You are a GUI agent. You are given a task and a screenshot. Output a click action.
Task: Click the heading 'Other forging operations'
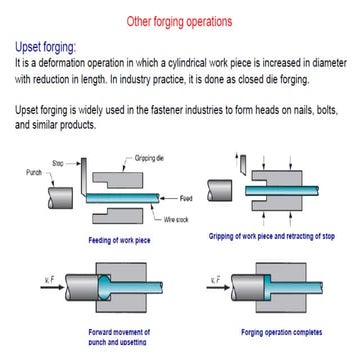(180, 20)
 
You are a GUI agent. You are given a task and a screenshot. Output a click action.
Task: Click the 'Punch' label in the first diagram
(34, 172)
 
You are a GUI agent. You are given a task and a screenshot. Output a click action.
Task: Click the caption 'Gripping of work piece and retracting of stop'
(269, 236)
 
